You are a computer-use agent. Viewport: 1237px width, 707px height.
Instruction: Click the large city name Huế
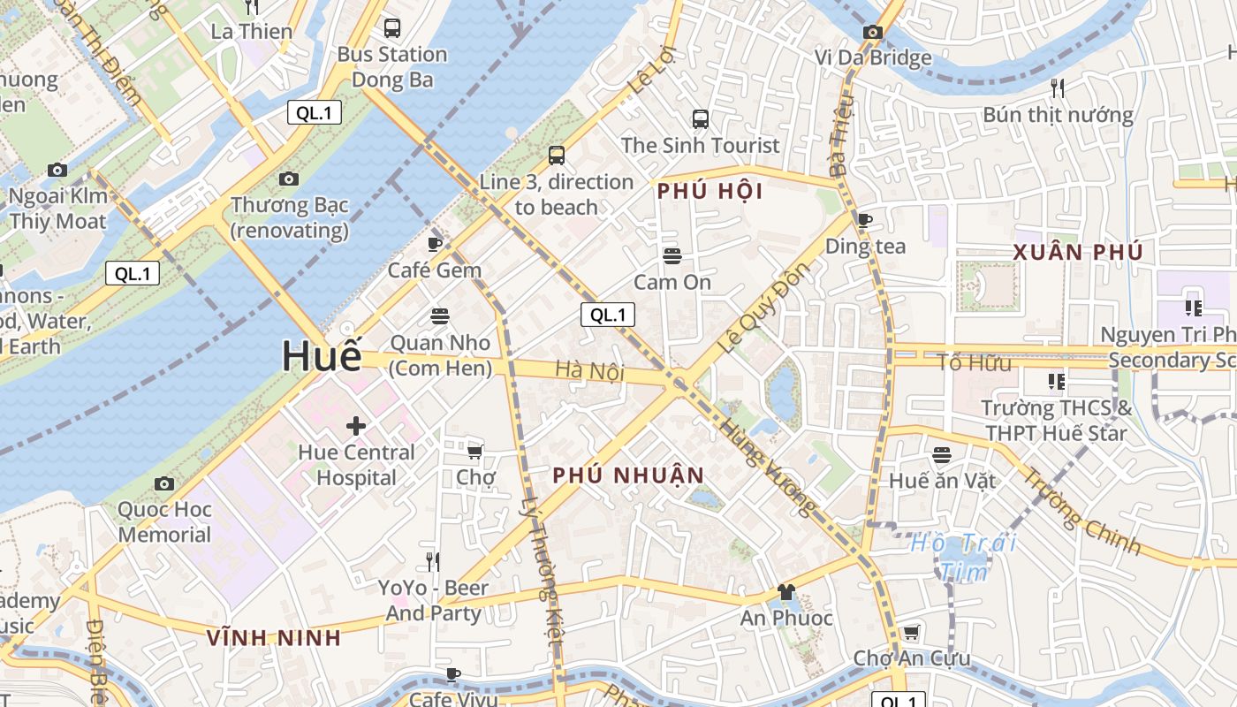click(322, 356)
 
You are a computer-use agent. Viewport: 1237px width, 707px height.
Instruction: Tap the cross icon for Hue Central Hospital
click(356, 426)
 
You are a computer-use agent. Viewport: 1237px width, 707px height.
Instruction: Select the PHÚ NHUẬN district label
click(628, 475)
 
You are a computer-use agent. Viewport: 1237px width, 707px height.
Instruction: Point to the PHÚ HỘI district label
click(710, 192)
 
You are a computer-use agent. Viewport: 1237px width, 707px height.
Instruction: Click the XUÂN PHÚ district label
click(1078, 252)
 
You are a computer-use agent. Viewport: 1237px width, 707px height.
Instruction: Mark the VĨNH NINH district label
click(273, 637)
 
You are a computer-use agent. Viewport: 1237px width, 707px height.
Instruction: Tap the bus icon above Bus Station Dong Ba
click(392, 28)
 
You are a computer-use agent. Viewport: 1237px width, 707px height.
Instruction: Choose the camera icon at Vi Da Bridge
click(873, 33)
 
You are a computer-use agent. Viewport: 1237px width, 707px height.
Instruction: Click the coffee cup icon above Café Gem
click(435, 244)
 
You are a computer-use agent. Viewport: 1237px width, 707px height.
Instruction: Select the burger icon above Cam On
click(672, 256)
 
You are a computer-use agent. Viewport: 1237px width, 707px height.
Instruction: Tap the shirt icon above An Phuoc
click(785, 592)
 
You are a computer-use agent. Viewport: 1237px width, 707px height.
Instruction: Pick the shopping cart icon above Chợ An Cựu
click(911, 633)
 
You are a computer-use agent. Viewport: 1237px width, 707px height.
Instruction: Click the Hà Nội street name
click(590, 371)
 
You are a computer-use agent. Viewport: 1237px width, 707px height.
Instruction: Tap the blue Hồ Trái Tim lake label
click(964, 557)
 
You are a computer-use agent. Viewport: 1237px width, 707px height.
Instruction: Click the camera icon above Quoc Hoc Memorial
click(164, 483)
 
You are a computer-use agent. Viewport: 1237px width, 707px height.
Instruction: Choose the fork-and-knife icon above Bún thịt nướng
click(1058, 88)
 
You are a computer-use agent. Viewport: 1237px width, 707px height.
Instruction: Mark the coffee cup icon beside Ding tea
click(865, 220)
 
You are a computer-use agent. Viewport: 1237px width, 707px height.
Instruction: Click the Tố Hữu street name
click(974, 362)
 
